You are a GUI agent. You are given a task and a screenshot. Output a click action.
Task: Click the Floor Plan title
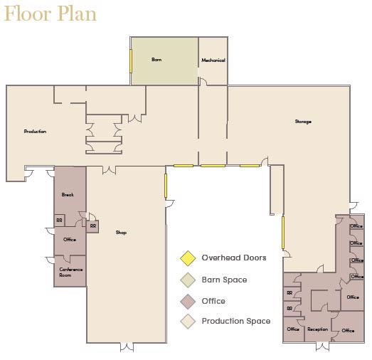(x=51, y=14)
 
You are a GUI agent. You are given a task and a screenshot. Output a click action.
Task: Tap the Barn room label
(x=156, y=60)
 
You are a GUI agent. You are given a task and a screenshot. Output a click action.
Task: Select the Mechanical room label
(x=213, y=60)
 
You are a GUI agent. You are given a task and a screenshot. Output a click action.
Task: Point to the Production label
(x=35, y=131)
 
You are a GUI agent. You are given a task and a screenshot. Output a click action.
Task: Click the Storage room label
(x=303, y=122)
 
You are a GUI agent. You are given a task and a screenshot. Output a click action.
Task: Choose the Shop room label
(x=121, y=233)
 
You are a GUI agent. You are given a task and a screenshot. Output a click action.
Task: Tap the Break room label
(x=68, y=195)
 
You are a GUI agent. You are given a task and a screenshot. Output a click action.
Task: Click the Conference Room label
(x=70, y=272)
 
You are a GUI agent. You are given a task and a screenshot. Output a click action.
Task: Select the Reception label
(x=318, y=329)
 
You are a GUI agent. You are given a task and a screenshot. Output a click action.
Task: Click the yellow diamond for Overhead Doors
(x=188, y=258)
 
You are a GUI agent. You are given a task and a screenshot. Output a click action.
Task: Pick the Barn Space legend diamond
(x=188, y=280)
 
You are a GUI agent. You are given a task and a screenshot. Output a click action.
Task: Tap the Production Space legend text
(x=236, y=321)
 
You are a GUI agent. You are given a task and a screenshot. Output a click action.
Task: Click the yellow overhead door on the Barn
(x=131, y=61)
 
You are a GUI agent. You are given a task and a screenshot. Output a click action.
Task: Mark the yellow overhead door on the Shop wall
(x=166, y=186)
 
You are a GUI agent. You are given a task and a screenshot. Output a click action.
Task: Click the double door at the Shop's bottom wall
(x=127, y=347)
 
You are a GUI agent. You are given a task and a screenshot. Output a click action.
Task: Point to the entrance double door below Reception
(x=323, y=346)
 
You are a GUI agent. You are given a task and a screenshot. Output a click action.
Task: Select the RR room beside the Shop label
(x=92, y=226)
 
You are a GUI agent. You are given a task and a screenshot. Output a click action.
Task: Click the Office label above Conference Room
(x=70, y=240)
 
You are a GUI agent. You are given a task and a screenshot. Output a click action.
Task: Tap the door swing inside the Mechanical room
(x=203, y=81)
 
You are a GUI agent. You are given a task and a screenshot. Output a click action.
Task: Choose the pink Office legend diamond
(x=188, y=302)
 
